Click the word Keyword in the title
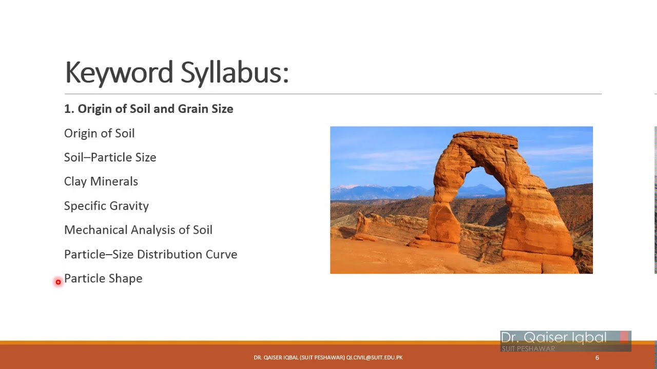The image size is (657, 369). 119,72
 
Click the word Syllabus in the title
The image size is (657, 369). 235,72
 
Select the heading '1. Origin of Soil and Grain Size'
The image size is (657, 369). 148,109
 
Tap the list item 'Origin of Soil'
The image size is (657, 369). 99,133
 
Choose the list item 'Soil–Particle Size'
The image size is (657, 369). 110,157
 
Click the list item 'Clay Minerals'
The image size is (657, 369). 101,181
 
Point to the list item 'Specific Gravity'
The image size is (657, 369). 106,206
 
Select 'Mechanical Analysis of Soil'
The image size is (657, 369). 138,230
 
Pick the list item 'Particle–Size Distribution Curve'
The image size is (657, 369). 150,254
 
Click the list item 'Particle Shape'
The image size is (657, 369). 103,278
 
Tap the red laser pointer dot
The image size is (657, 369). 58,282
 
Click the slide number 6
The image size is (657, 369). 597,358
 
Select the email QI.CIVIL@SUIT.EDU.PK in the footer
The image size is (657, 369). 374,358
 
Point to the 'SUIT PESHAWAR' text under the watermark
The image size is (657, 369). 528,348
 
